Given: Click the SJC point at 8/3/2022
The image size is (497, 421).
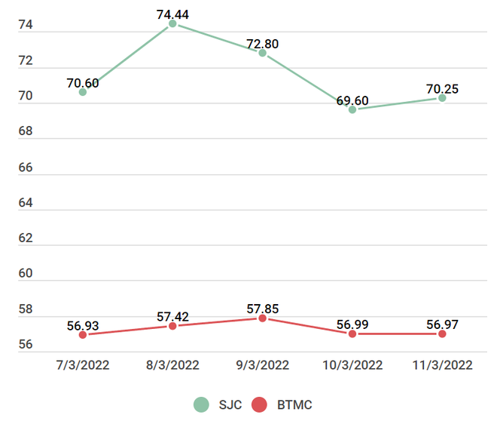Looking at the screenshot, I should point(172,24).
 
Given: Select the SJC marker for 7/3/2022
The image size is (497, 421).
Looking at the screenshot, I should point(83,92).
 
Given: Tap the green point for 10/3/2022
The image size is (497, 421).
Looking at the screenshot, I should point(352,109).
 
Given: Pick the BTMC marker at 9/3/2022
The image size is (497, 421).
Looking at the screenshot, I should point(262,318).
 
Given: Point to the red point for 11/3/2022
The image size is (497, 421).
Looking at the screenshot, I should point(442,333).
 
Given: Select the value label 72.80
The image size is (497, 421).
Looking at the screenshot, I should point(262,44).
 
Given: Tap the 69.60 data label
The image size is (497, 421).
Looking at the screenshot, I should point(352,100).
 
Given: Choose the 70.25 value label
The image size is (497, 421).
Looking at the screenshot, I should point(442,89).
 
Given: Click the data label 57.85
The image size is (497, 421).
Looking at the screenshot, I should point(262,309).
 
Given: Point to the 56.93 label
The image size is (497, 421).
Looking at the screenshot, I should point(83,325).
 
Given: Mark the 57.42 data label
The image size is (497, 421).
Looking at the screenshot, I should point(172,316).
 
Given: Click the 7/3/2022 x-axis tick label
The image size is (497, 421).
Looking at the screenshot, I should point(83,365).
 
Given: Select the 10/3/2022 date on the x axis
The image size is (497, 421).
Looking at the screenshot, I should point(352,365).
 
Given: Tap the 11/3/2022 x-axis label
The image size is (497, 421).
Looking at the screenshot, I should point(442,365).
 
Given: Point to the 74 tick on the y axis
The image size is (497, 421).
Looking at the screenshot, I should point(26,26).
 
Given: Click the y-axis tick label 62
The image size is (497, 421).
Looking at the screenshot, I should point(26,238).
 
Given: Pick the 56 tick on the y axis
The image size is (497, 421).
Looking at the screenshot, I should point(26,344).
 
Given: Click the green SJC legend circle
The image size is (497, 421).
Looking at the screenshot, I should point(201,404).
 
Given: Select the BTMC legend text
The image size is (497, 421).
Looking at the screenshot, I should point(294,405).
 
